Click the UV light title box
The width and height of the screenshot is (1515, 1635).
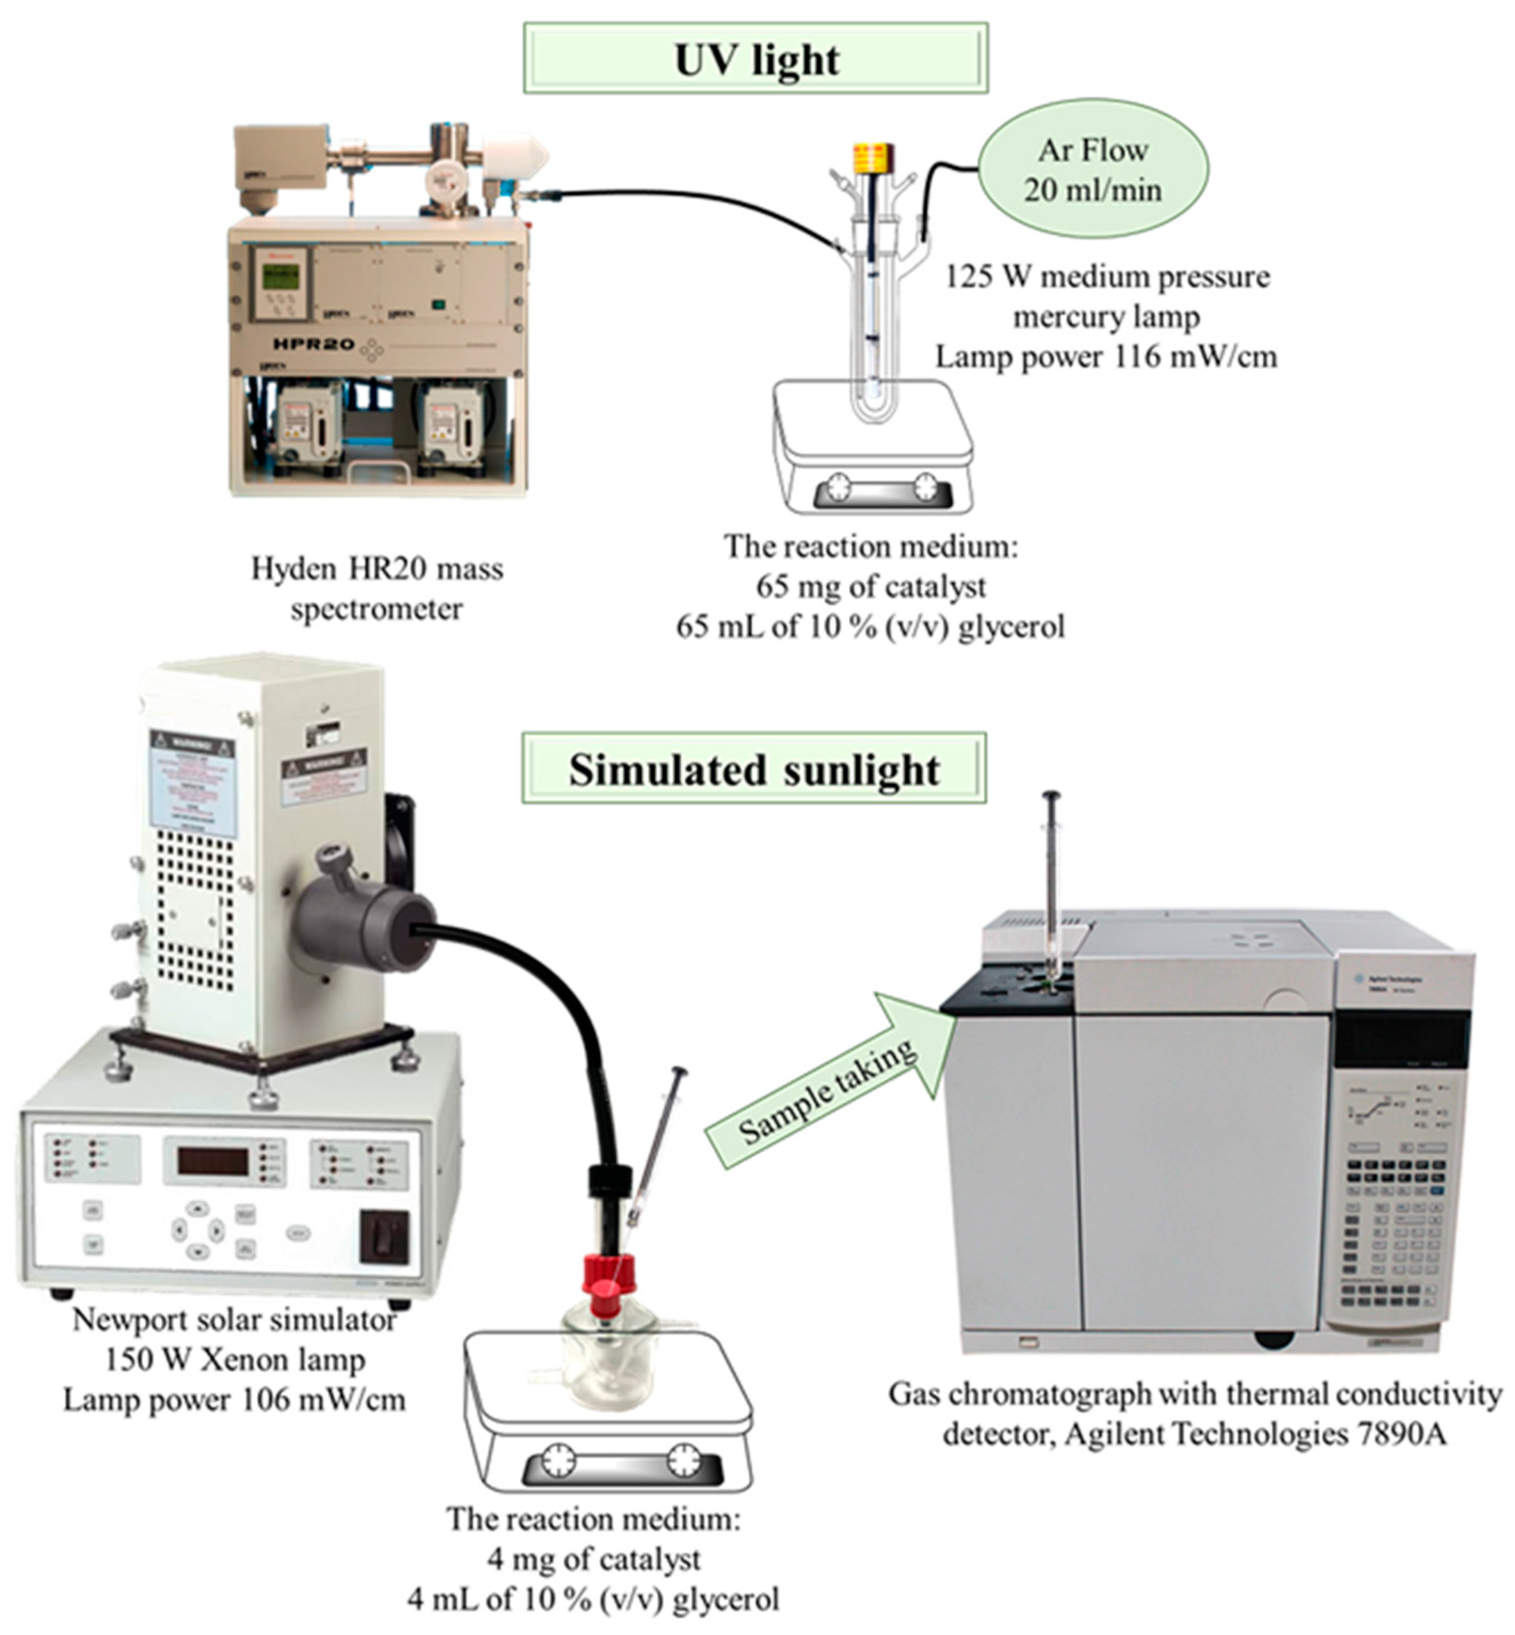click(755, 59)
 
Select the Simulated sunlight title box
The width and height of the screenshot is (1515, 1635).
click(754, 769)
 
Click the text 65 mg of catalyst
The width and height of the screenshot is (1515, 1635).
click(871, 586)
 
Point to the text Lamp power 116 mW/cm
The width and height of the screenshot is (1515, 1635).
click(1106, 356)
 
